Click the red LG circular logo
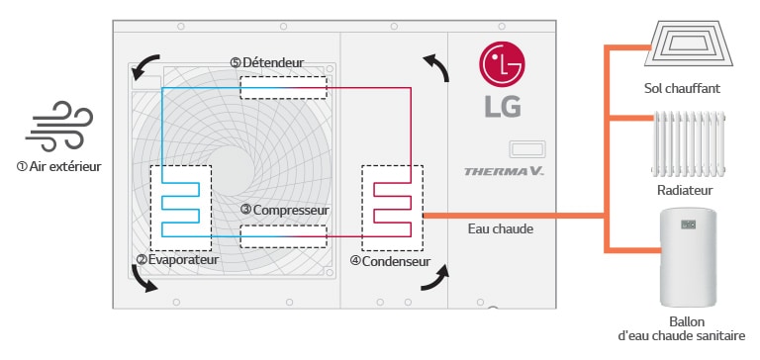click(501, 66)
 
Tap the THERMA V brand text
click(505, 171)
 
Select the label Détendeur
click(266, 62)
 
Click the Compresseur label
click(284, 210)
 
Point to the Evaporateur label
click(177, 260)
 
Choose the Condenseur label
click(390, 261)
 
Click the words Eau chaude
click(500, 229)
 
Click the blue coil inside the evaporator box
click(181, 209)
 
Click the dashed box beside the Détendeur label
click(285, 88)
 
